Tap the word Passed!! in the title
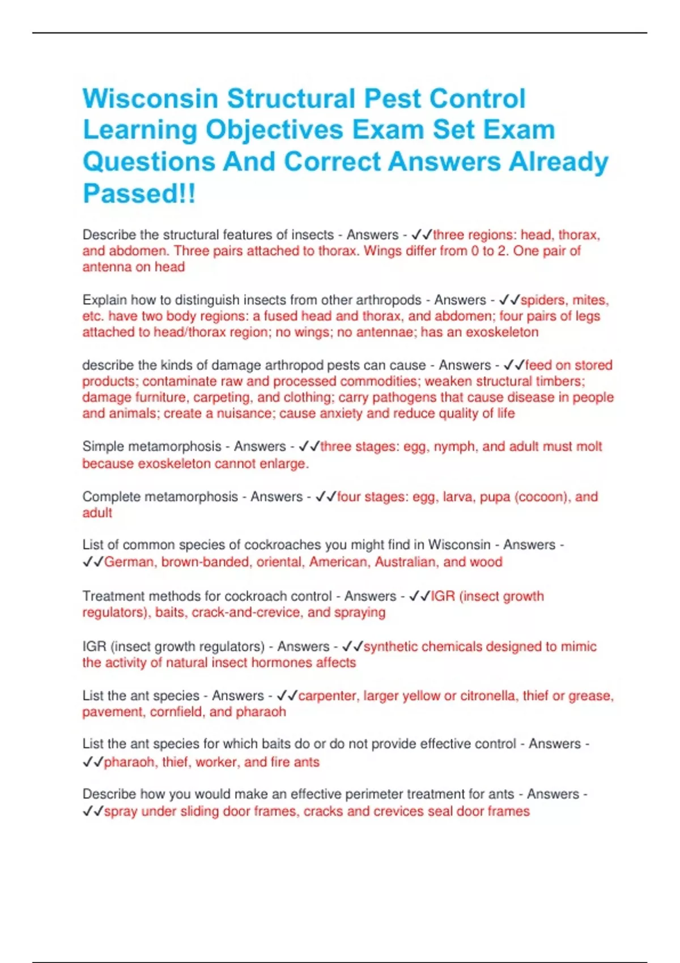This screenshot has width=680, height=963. [x=139, y=193]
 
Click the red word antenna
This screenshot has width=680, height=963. [x=107, y=267]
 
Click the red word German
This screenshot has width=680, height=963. [x=129, y=562]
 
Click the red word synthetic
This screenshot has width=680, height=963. [x=390, y=646]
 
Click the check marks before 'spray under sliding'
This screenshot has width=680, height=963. [x=92, y=811]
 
